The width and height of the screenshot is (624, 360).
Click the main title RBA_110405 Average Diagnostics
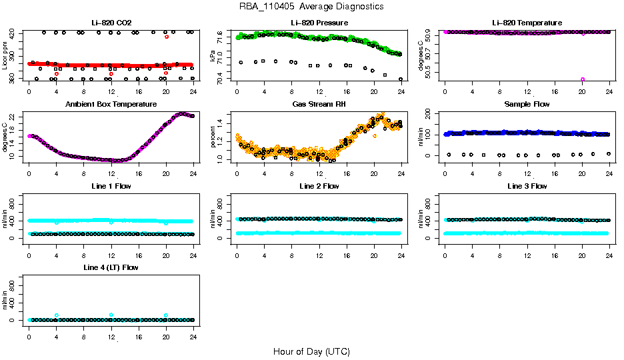pos(311,7)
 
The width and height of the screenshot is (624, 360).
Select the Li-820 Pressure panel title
pos(319,23)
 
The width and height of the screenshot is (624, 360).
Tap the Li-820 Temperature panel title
pos(527,23)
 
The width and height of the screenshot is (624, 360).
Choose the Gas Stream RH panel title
pos(319,105)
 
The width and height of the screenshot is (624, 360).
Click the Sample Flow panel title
pos(527,105)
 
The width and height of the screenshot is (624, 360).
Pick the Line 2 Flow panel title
pos(319,186)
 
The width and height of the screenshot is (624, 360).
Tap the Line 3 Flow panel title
pos(527,186)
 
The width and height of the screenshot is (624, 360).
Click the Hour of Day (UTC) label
pos(311,351)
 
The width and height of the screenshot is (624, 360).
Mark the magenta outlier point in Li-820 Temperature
pos(583,79)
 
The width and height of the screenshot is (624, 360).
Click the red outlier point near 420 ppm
pos(167,37)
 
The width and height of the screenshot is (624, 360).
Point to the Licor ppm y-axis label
pos(5,56)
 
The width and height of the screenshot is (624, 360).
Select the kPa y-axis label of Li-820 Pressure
pos(213,56)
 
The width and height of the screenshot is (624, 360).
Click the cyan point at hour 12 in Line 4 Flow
pos(111,315)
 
